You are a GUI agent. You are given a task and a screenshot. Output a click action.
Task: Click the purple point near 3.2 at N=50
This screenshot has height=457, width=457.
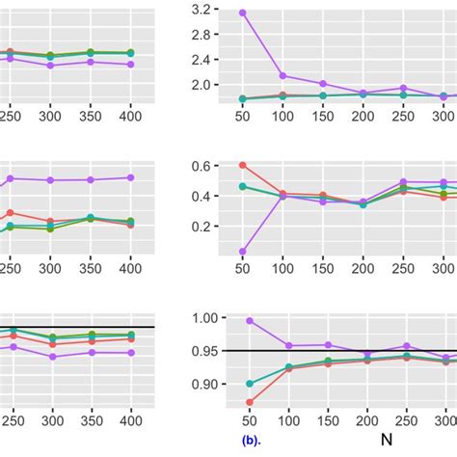(242, 13)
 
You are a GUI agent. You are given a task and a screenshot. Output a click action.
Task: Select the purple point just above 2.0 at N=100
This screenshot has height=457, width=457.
(282, 75)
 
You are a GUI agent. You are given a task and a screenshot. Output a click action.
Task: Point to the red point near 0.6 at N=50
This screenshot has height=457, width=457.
(242, 165)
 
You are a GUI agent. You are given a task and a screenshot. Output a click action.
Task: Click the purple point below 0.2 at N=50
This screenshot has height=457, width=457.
(242, 252)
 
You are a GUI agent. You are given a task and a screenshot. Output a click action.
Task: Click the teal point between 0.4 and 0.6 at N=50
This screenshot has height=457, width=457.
(242, 186)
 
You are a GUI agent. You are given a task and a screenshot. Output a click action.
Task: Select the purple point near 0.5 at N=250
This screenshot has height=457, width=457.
(405, 182)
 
